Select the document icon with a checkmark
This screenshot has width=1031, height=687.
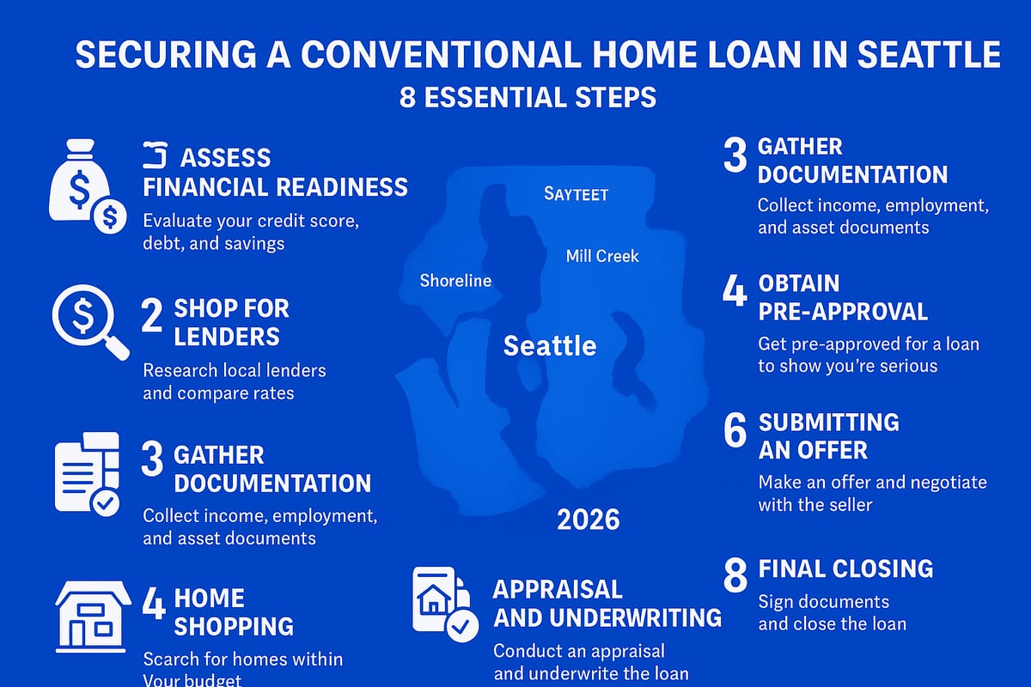coord(87,477)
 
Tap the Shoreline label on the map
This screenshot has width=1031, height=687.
coord(455,281)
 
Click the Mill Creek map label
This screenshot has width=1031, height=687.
coord(602,256)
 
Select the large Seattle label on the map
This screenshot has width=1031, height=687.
coord(550,346)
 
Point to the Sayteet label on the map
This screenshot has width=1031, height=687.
coord(576,194)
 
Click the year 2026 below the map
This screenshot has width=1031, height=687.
coord(588,520)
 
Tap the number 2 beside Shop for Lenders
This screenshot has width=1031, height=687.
coord(151,317)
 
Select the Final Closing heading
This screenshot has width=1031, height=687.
coord(845,568)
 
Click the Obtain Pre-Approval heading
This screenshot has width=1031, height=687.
coord(842,297)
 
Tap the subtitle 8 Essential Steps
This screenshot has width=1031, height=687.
coord(528,97)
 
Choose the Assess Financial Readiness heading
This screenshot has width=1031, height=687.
coord(275,173)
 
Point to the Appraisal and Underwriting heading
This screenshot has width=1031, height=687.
coord(607,604)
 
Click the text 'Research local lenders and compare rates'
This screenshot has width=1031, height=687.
coord(234,382)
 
